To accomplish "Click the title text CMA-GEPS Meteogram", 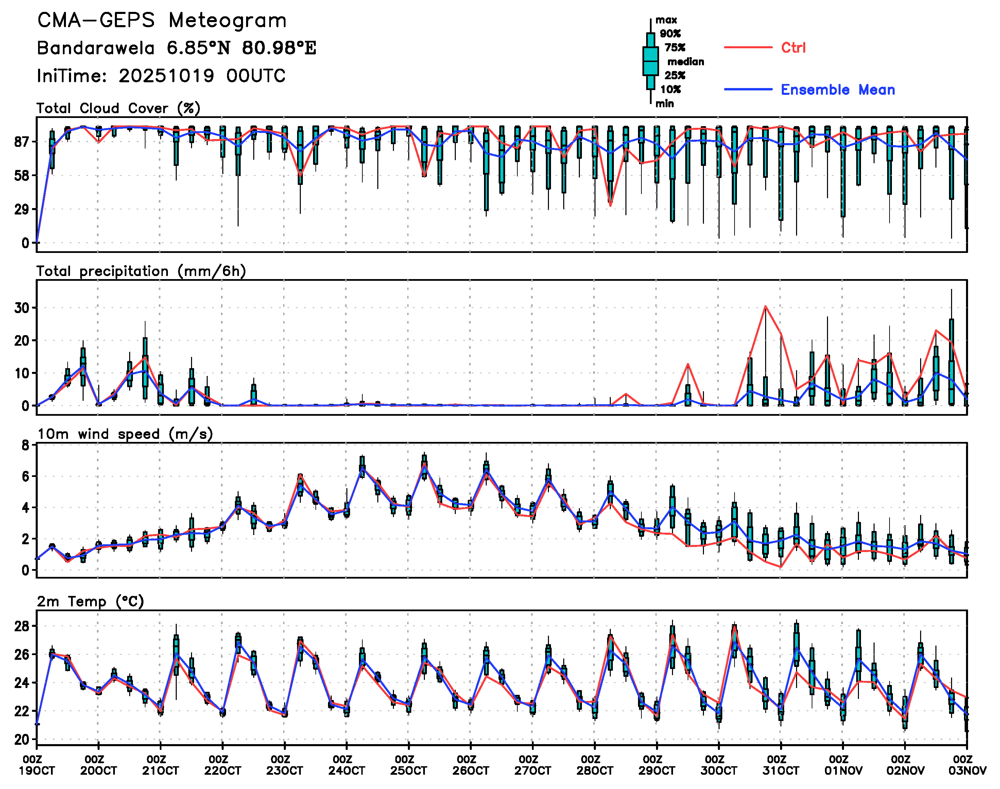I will click(x=162, y=21).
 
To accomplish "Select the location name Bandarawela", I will click(x=96, y=48).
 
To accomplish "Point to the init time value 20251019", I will click(x=166, y=76).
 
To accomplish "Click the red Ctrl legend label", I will click(x=793, y=48).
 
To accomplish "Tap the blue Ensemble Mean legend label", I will click(x=838, y=90).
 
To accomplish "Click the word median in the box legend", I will click(x=686, y=62).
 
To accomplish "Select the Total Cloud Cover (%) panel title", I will click(x=118, y=108).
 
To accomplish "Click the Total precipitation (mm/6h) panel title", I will click(x=141, y=271).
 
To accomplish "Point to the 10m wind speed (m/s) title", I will click(x=125, y=434).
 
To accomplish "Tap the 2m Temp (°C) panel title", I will click(x=90, y=601).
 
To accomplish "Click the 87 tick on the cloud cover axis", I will click(x=22, y=142).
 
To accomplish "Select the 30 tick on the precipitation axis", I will click(x=22, y=308).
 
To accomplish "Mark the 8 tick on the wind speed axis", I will click(x=25, y=445).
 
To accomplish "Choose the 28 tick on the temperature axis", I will click(x=22, y=627).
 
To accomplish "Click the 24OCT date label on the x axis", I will click(x=346, y=771).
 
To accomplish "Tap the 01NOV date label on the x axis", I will click(x=843, y=771).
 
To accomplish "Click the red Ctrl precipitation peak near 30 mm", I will click(x=765, y=306).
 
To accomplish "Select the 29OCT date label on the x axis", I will click(x=656, y=771).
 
